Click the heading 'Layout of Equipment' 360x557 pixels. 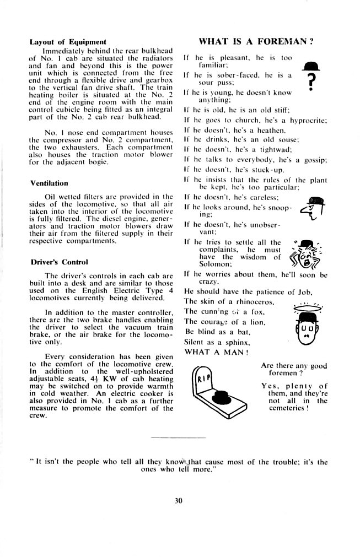(x=68, y=42)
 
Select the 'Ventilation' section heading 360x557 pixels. (x=49, y=182)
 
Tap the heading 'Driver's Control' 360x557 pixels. (x=59, y=261)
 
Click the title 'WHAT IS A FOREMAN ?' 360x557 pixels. (x=256, y=41)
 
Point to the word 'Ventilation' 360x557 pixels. (x=49, y=182)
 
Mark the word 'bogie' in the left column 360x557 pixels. (x=103, y=163)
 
